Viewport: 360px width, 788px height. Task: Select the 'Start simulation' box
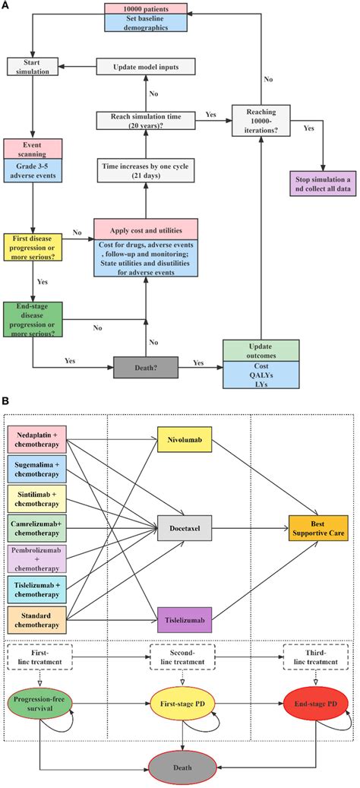[31, 66]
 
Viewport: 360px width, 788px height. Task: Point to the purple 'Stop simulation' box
[322, 183]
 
